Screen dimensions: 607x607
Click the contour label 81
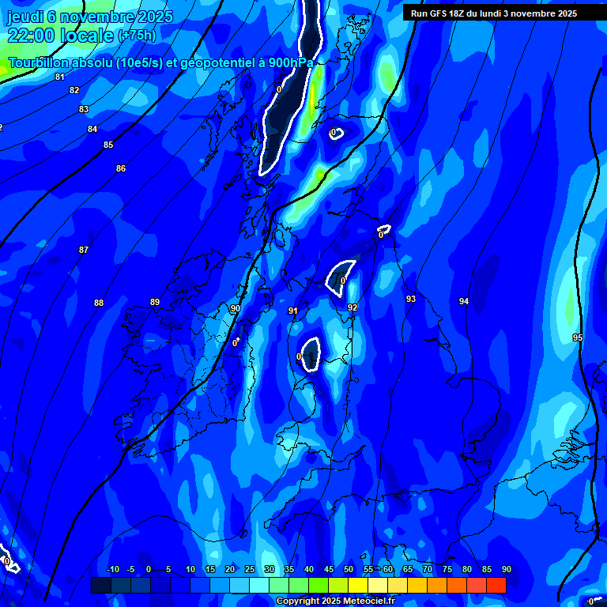[x=60, y=77]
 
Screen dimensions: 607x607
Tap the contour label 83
[x=84, y=109]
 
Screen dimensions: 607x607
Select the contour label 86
[x=121, y=168]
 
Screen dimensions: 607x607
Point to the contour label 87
[x=84, y=250]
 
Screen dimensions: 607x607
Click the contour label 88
[x=99, y=303]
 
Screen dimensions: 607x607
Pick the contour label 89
[x=155, y=302]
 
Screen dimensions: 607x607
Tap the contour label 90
[x=235, y=308]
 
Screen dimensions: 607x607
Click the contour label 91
[x=293, y=311]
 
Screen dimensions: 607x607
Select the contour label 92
[x=353, y=307]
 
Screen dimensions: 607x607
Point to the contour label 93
[x=411, y=299]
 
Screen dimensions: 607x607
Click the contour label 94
[x=464, y=301]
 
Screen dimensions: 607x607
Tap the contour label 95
[x=578, y=337]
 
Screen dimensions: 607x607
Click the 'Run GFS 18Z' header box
[x=494, y=13]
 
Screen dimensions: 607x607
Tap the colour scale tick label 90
[x=506, y=569]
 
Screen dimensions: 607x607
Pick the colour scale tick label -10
[x=112, y=569]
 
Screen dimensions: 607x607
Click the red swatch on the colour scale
[x=496, y=585]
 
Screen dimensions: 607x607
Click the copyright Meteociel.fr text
[x=335, y=601]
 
